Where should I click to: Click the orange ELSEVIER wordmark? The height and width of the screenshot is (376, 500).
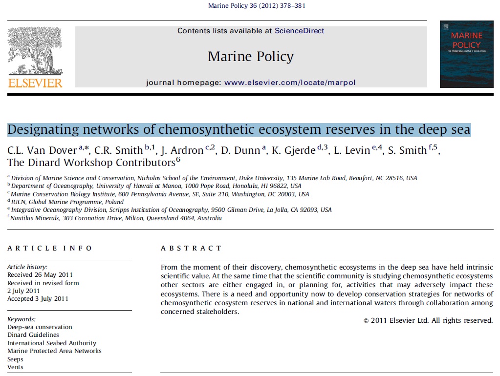coord(35,83)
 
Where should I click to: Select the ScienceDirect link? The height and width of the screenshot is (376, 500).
coord(299,31)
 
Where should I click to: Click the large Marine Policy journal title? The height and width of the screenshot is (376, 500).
coord(251,57)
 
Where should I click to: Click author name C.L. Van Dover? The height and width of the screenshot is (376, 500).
coord(42,150)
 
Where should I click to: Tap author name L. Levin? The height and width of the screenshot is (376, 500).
coord(352,150)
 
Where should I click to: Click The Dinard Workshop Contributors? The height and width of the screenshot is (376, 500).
coord(91,163)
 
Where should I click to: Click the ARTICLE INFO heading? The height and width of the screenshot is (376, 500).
coord(50,248)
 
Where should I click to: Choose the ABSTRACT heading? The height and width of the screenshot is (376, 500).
coord(191,248)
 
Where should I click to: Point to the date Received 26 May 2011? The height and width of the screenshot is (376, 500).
coord(40,275)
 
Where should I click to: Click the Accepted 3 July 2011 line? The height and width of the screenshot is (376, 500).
coord(38,298)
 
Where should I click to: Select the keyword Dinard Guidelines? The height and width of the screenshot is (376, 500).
coord(33,335)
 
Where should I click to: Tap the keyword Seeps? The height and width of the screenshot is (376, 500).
coord(15,359)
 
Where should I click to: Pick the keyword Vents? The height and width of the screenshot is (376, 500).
coord(15,367)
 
